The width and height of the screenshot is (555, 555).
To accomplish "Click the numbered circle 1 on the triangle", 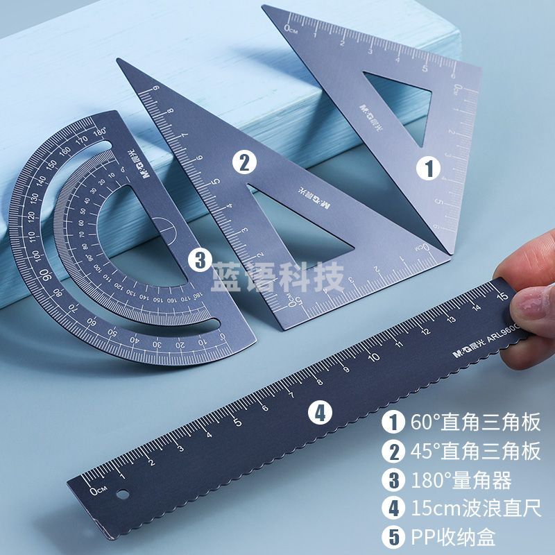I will point(429,167).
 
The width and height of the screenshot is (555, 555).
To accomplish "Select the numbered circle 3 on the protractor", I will point(200,260).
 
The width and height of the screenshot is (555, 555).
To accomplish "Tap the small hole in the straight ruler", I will point(124,495).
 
